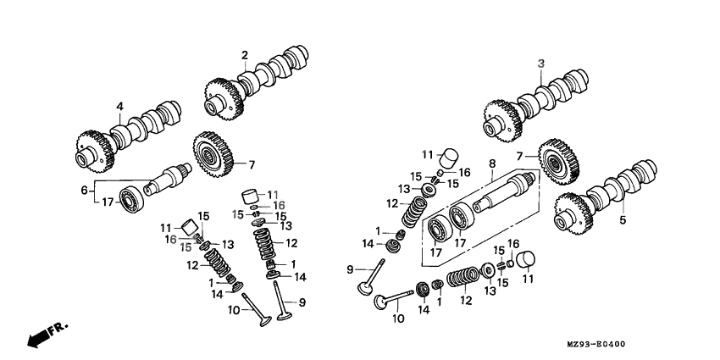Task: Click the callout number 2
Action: (x=244, y=56)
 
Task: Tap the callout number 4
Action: (x=119, y=107)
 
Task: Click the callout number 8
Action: (x=491, y=162)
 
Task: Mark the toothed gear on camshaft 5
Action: (x=572, y=215)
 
